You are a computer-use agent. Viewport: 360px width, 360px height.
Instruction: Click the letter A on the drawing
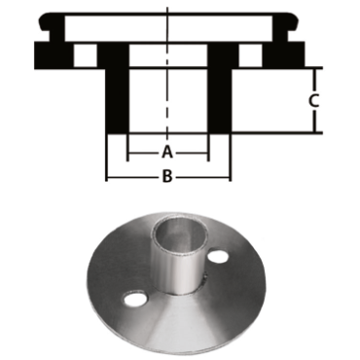point(167,153)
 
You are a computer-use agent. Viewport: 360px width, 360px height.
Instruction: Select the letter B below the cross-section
point(167,176)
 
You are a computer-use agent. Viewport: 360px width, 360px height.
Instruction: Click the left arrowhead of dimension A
point(130,153)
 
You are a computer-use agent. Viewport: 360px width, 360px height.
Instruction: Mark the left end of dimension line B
point(106,177)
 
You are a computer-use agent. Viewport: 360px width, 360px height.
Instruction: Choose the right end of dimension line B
point(230,177)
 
